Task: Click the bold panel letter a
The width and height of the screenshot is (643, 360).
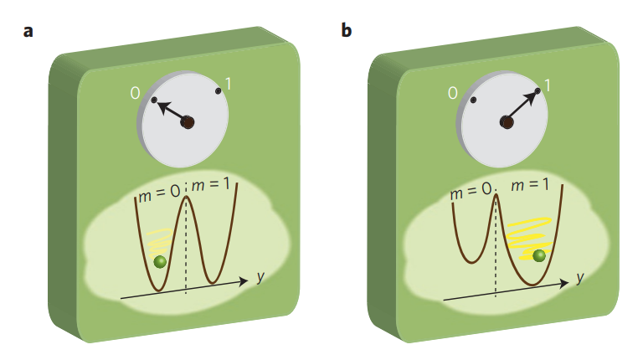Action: [x=29, y=32]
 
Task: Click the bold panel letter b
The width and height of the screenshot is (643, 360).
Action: [x=347, y=31]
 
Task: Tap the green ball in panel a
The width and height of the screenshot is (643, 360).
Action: [x=160, y=263]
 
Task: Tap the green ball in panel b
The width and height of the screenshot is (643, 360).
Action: [x=539, y=255]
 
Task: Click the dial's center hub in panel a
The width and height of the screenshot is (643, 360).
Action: [x=188, y=122]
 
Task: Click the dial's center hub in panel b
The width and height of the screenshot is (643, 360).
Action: [x=507, y=122]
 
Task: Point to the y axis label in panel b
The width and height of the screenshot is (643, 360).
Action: [x=579, y=276]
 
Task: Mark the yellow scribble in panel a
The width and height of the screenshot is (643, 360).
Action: [x=159, y=242]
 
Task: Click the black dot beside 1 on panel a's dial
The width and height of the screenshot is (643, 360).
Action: [x=219, y=90]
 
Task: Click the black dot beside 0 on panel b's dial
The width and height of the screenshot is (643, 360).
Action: [x=473, y=100]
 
